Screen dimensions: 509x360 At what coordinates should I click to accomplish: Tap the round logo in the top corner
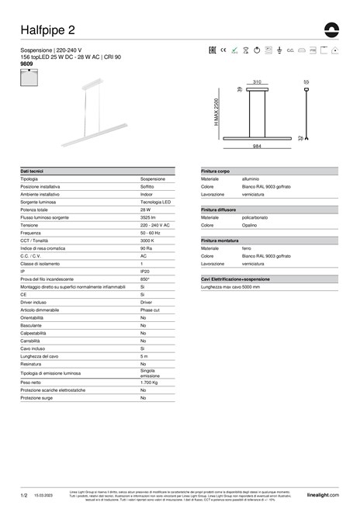click(332, 29)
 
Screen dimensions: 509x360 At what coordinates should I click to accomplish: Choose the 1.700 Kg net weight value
click(151, 383)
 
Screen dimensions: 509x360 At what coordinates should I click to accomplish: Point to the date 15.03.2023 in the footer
click(43, 494)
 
